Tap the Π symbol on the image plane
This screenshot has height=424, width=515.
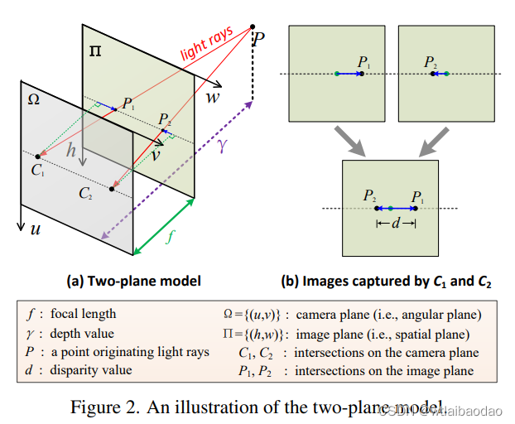95,52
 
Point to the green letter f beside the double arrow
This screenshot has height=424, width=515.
170,234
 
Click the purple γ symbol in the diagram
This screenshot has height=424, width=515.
220,146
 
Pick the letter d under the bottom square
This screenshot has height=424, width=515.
395,224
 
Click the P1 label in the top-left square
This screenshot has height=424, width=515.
363,62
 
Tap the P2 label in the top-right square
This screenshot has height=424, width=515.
431,62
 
